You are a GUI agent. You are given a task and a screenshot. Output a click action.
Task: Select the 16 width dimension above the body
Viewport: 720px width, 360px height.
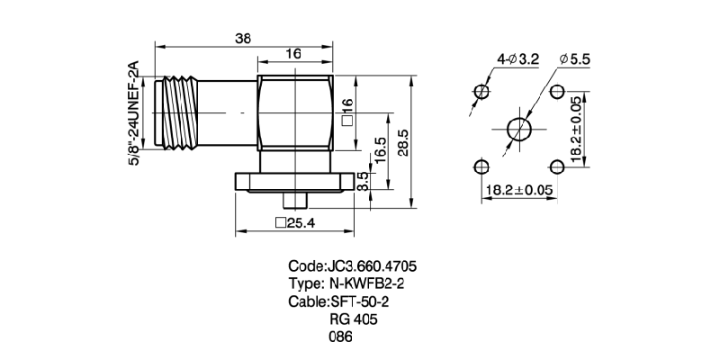coord(293,54)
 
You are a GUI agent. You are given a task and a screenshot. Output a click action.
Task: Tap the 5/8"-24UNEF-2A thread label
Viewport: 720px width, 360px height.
coord(135,112)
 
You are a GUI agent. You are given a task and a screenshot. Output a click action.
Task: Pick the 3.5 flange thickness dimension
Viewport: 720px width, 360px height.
coord(362,182)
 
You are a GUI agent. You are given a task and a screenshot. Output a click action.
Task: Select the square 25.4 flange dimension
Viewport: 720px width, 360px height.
coord(294,223)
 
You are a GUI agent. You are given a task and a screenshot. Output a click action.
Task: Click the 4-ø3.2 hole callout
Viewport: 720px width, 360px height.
coord(517,59)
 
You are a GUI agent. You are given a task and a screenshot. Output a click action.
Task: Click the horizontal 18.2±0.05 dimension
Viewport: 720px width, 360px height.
coord(517,190)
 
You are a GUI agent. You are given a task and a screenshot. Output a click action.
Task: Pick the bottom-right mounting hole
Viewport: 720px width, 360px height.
coord(556,166)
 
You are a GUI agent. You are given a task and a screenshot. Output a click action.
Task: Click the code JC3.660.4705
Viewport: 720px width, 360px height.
coord(352,266)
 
